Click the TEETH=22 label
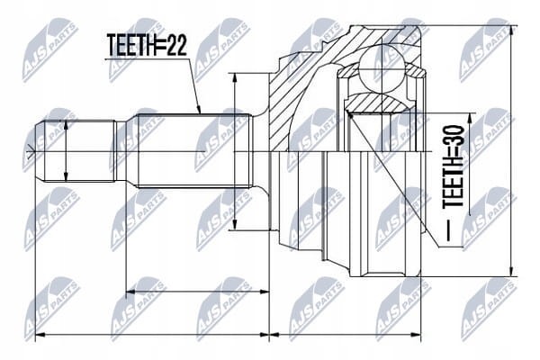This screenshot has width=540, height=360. click(x=147, y=46)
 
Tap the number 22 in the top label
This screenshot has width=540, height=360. click(x=177, y=46)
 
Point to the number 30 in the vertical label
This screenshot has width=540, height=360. click(x=454, y=135)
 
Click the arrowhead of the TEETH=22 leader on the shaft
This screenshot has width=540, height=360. click(x=199, y=110)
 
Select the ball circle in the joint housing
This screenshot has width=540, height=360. click(x=382, y=69)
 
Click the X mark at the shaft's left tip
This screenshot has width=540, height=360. click(x=31, y=151)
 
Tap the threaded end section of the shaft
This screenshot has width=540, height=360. click(x=76, y=151)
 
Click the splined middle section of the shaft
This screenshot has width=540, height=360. click(x=193, y=151)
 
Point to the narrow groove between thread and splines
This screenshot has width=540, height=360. click(x=121, y=151)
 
